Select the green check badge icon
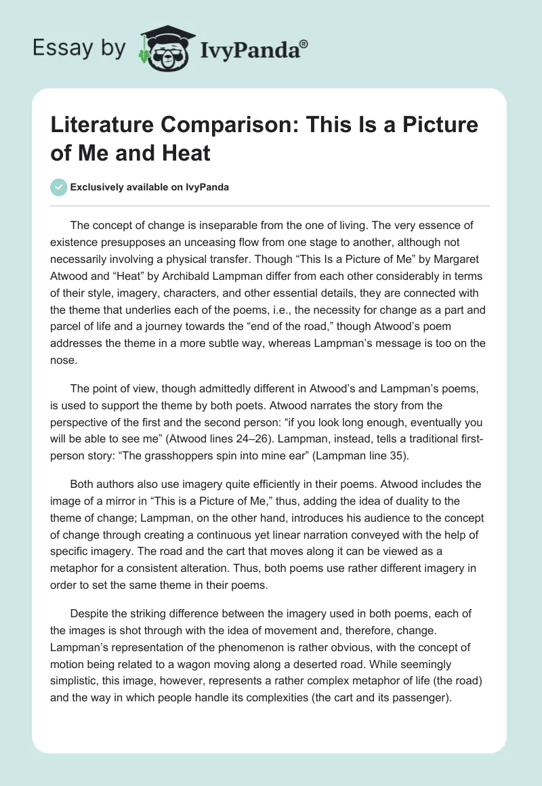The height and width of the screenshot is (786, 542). pos(59,187)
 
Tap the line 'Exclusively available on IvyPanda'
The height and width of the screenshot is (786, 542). pos(148,188)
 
